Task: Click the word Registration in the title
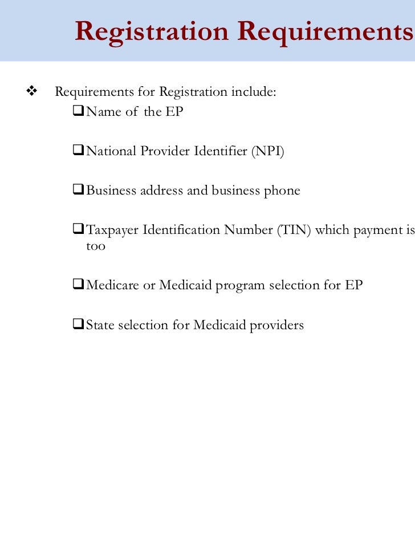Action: (151, 31)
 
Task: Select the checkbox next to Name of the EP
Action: (79, 111)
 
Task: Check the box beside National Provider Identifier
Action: (79, 151)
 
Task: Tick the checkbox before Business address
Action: (79, 191)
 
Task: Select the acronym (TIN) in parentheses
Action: (294, 230)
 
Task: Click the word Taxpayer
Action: (112, 230)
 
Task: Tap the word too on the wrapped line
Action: (96, 247)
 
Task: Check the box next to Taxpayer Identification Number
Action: (79, 230)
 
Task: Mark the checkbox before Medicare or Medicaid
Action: (79, 285)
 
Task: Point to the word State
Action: (100, 325)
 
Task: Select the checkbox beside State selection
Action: (79, 325)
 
